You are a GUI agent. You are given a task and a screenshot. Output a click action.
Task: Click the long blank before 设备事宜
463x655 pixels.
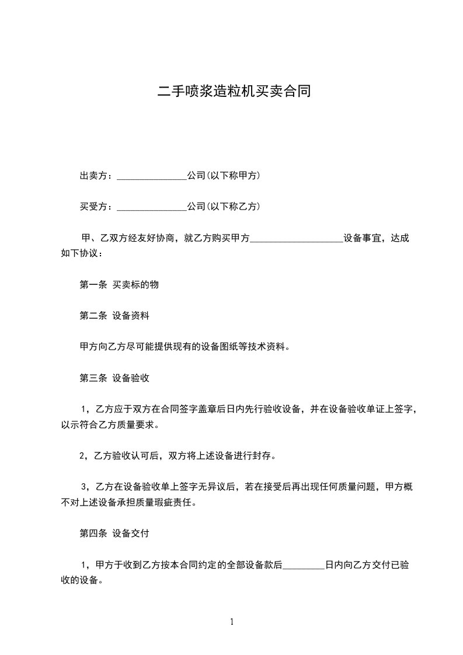[x=297, y=239]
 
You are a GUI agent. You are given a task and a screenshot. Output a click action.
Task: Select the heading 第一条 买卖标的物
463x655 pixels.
[x=119, y=285]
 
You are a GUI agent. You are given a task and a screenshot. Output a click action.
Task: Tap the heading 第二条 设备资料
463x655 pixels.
[x=114, y=316]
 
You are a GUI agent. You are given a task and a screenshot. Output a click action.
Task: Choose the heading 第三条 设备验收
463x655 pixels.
[x=114, y=378]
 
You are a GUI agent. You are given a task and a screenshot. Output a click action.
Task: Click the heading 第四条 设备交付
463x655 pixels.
[x=114, y=533]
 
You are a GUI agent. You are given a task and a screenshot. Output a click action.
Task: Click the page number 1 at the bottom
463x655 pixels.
[x=232, y=622]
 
